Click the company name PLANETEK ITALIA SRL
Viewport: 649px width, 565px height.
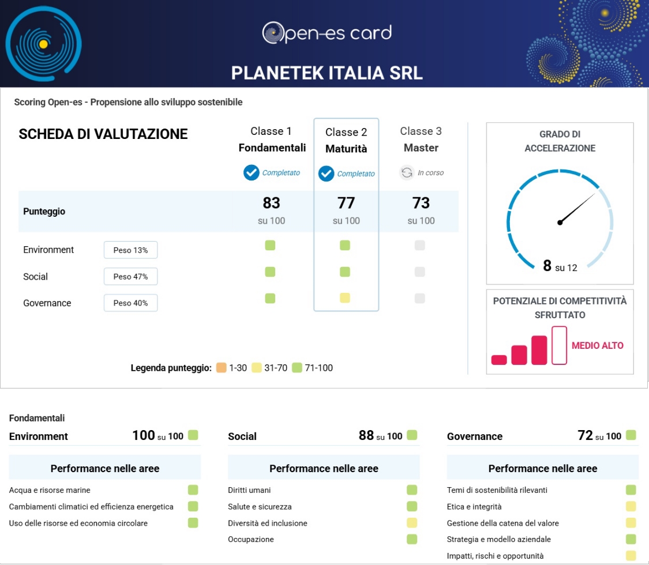[327, 73]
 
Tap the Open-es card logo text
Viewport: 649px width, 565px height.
[327, 33]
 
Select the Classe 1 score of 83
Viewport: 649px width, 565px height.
[271, 203]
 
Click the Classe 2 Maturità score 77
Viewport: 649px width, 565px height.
[346, 203]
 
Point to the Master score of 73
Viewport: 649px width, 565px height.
[421, 203]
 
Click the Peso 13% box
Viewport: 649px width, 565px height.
[130, 250]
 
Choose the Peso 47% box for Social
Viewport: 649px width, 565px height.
[130, 277]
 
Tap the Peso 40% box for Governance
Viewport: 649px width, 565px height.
[130, 303]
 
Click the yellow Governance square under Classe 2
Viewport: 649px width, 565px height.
[345, 298]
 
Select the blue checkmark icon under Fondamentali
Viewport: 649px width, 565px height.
[251, 172]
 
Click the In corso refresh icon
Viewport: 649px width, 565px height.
[407, 172]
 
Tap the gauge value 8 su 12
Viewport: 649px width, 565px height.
[560, 266]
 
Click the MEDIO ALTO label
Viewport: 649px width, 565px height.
[597, 346]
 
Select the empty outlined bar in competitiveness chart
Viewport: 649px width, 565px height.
[559, 345]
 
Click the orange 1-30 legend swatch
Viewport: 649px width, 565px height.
[221, 368]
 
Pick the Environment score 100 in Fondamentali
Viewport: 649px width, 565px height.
[144, 436]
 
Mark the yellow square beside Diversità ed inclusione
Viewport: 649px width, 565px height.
[412, 523]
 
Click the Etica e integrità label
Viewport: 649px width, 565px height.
[474, 507]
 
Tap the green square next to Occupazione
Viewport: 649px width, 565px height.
[412, 540]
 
